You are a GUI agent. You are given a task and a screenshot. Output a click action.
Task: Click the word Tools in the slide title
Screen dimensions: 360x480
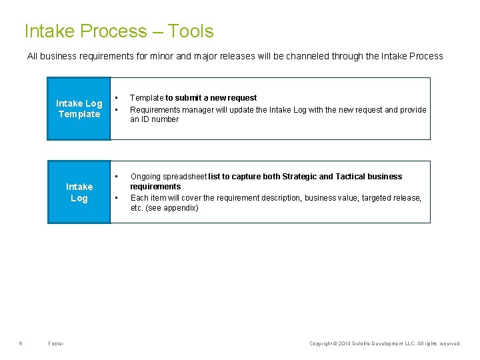click(x=191, y=31)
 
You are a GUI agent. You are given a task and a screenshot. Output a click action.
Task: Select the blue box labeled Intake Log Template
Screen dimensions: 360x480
click(x=79, y=109)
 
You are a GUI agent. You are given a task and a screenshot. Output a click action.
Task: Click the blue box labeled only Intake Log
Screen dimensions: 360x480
click(x=79, y=192)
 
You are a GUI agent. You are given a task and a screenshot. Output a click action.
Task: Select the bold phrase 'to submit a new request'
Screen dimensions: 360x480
click(x=211, y=98)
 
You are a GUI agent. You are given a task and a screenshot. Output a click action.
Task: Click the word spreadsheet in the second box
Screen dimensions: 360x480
click(x=185, y=177)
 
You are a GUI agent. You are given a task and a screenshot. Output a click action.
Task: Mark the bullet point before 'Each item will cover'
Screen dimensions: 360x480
click(x=117, y=198)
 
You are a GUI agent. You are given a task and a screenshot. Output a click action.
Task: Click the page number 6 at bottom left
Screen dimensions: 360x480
click(x=21, y=343)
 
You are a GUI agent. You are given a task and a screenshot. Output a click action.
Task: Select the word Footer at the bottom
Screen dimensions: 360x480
click(x=56, y=343)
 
